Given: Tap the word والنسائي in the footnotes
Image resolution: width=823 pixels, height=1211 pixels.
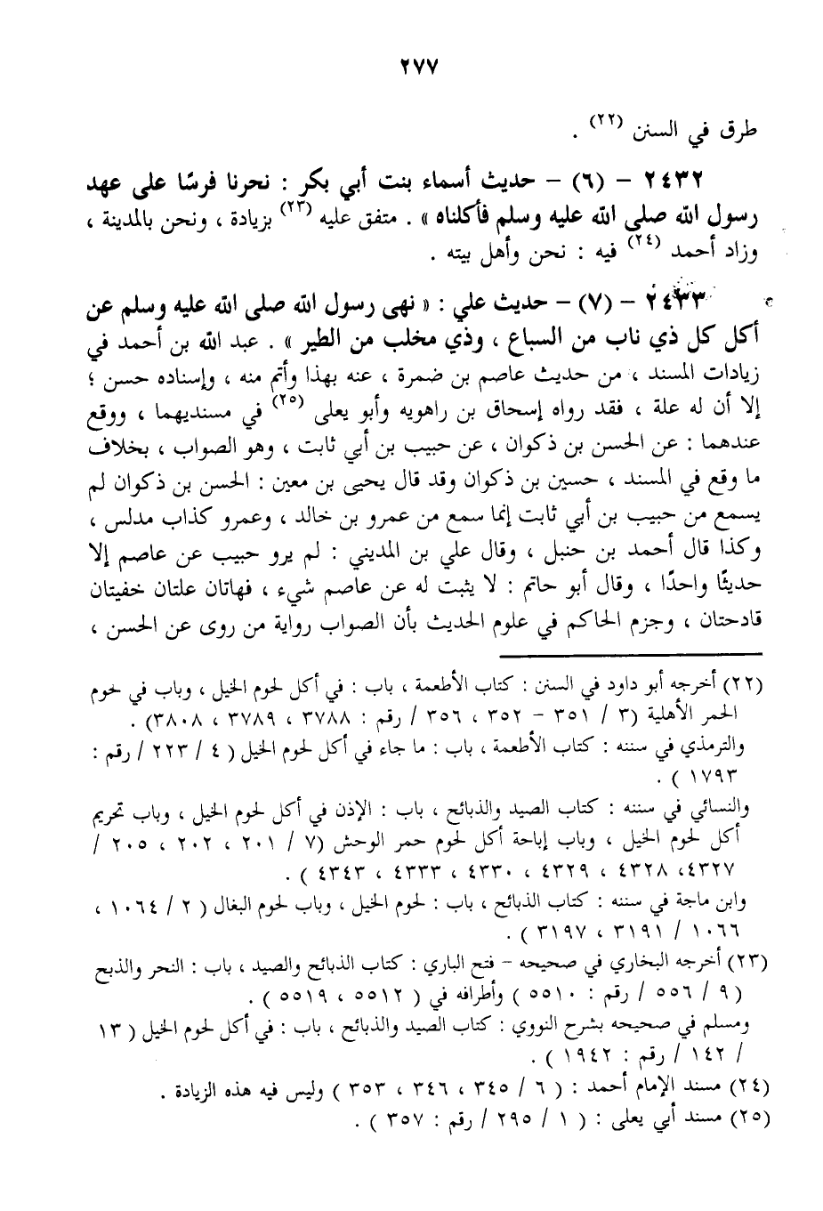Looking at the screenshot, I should (x=722, y=810).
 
